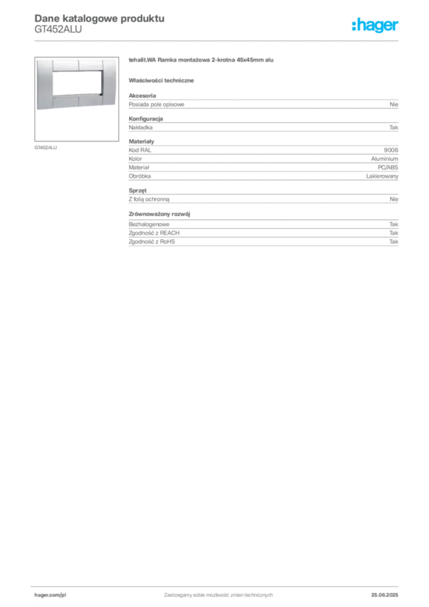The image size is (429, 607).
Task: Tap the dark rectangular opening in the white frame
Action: [x=78, y=83]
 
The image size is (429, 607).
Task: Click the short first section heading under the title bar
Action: [x=163, y=80]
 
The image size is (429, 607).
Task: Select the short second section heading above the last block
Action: [x=161, y=212]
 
